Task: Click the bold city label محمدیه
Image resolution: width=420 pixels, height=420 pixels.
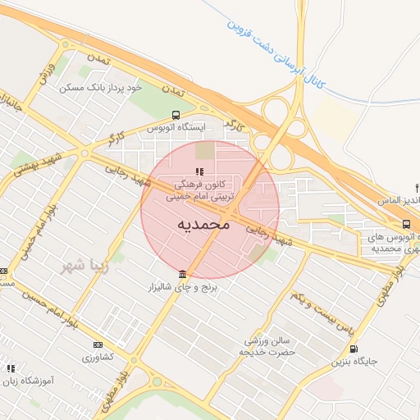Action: point(201,224)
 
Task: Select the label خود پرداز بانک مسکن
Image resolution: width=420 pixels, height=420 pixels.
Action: point(100,86)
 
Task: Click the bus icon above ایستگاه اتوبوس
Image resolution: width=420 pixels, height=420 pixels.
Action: point(175,115)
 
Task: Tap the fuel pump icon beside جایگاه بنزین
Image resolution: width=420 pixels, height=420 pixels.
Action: point(354,349)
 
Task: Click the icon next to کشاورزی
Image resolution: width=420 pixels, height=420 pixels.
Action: point(99,345)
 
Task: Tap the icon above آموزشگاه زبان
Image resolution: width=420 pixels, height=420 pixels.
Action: point(11,368)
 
